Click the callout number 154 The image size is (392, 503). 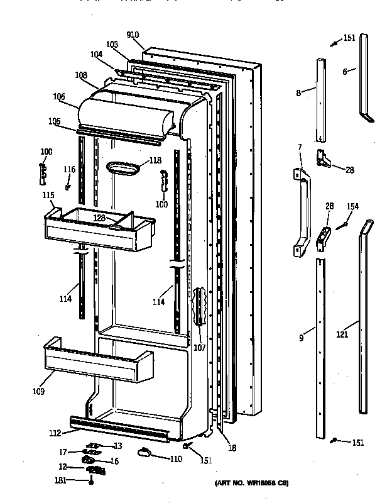pos(352,207)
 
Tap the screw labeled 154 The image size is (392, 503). pos(341,225)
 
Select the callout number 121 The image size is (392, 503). pos(342,335)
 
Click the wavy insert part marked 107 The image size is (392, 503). pos(200,307)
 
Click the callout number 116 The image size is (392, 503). pos(69,170)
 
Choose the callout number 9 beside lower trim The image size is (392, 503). pos(302,338)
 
